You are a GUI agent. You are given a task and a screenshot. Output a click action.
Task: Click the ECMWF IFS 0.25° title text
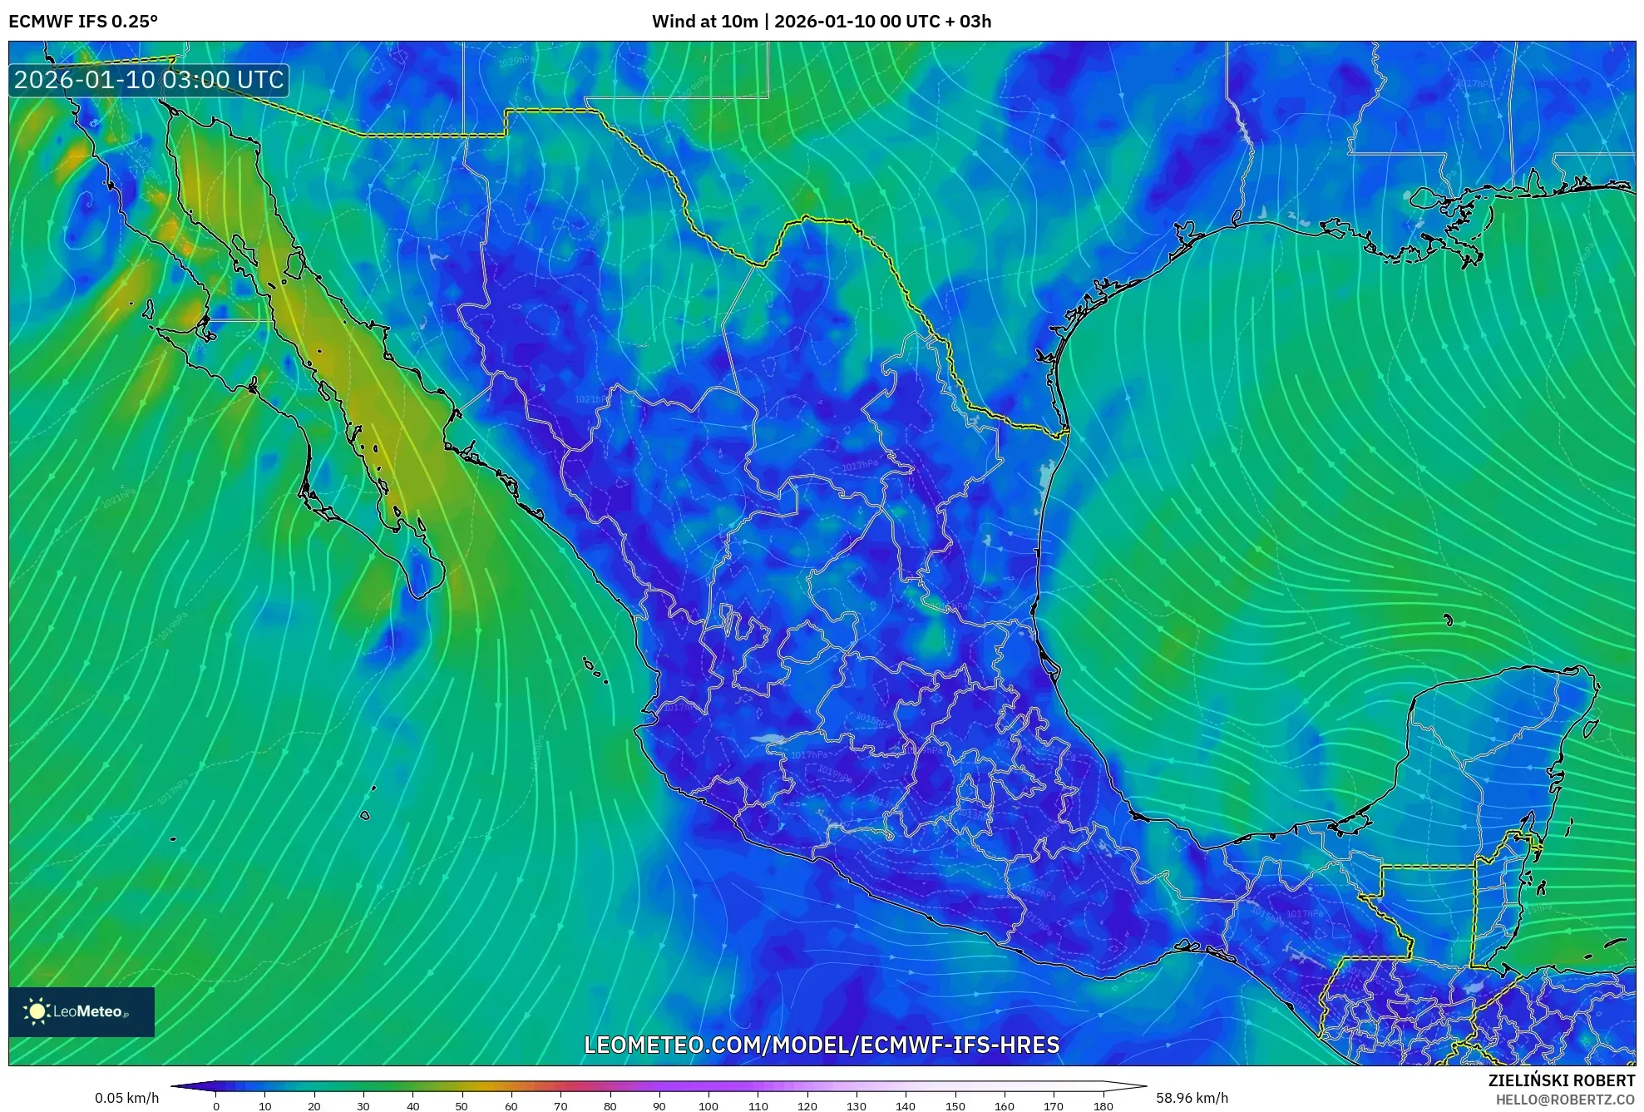click(83, 22)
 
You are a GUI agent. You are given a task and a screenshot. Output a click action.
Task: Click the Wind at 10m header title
click(822, 22)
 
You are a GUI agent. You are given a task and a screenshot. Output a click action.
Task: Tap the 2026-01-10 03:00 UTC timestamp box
click(149, 80)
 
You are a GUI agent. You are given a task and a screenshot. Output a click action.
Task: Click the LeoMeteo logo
click(81, 1011)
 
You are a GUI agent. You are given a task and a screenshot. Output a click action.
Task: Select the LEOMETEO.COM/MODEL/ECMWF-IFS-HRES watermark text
click(822, 1045)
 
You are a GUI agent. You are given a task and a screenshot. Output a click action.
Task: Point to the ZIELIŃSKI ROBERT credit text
click(1561, 1080)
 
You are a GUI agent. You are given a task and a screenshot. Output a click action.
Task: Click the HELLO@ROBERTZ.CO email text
click(1565, 1100)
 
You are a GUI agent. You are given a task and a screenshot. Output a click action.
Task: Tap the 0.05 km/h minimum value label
click(126, 1098)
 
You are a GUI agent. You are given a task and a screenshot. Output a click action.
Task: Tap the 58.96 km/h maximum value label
click(1192, 1098)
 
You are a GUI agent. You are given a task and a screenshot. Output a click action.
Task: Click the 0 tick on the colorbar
click(216, 1105)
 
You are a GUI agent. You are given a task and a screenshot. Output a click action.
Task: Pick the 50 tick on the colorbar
click(462, 1105)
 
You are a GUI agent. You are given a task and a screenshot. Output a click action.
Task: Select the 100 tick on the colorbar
click(708, 1105)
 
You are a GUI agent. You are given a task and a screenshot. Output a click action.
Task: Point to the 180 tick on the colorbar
click(1103, 1105)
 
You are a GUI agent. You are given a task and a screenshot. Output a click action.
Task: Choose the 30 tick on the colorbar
click(363, 1105)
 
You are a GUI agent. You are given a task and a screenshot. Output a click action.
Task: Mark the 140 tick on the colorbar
click(906, 1105)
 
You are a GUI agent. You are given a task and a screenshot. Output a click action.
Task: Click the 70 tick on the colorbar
click(560, 1105)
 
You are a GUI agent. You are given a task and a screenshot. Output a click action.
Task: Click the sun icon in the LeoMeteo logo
click(37, 1011)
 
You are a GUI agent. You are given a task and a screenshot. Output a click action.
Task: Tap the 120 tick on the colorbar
click(807, 1105)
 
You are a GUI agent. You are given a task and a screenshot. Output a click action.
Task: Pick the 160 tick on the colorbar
click(1004, 1105)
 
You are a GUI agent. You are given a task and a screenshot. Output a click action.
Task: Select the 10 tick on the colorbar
click(265, 1105)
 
